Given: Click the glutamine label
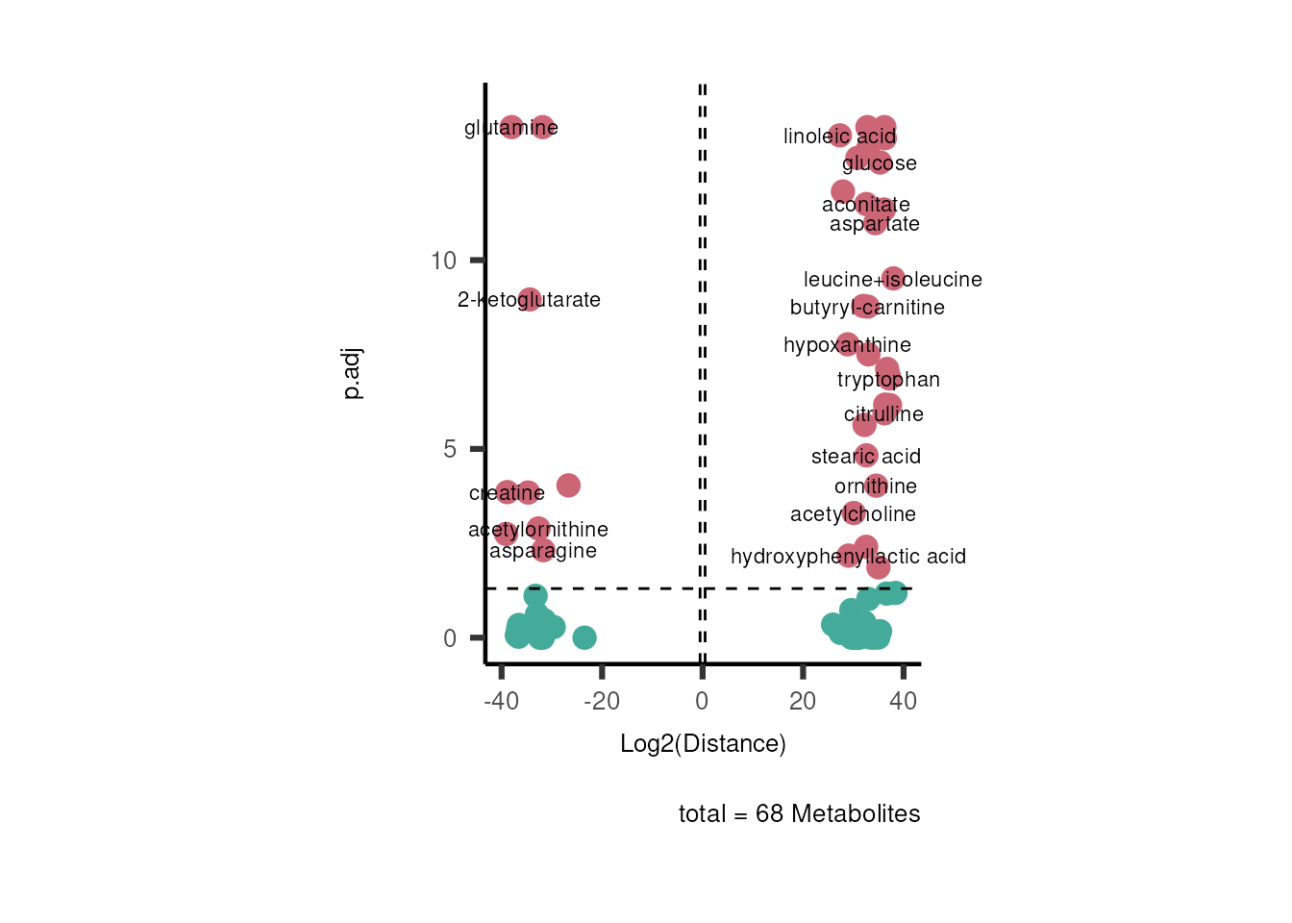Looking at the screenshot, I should click(x=510, y=128).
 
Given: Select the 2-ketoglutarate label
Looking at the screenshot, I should click(x=529, y=300).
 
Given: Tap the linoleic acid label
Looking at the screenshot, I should click(x=839, y=137).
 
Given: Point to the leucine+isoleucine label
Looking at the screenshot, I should click(x=892, y=280).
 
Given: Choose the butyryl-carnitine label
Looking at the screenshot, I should click(x=866, y=308).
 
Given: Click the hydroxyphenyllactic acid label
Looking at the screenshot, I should click(x=848, y=557).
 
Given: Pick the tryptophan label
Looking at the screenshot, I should click(x=888, y=380).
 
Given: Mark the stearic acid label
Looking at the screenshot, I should click(x=865, y=457).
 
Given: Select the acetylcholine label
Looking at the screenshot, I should click(x=853, y=514).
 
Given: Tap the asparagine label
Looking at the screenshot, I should click(x=542, y=551).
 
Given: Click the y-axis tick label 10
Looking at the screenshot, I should click(x=443, y=261).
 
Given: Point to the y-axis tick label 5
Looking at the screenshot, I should click(x=450, y=449).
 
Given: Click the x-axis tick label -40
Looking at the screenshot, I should click(x=501, y=701).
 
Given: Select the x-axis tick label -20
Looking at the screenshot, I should click(x=602, y=701).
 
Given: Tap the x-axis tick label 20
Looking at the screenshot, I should click(x=803, y=701).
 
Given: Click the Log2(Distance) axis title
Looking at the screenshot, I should click(x=703, y=743).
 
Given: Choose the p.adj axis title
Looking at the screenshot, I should click(x=353, y=374).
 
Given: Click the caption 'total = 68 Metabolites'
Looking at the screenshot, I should click(x=799, y=814).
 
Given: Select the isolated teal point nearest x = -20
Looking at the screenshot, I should click(x=584, y=637).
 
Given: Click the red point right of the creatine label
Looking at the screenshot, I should click(x=568, y=486).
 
